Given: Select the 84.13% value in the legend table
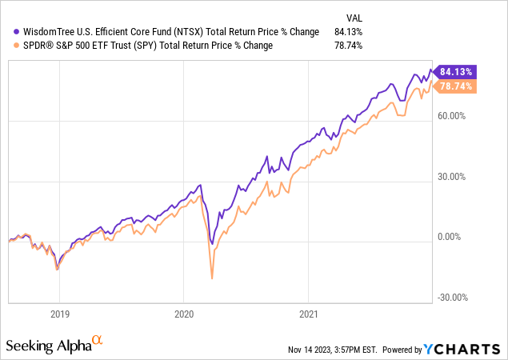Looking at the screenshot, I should [x=349, y=32].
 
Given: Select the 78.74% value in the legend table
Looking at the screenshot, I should [x=349, y=46].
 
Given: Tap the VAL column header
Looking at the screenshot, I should [x=353, y=15].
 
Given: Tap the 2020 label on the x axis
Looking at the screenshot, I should [x=185, y=314].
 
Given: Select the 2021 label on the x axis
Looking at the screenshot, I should [x=310, y=314].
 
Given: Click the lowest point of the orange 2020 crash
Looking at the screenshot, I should [x=212, y=278].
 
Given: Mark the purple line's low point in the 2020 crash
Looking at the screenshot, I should [x=210, y=243].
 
